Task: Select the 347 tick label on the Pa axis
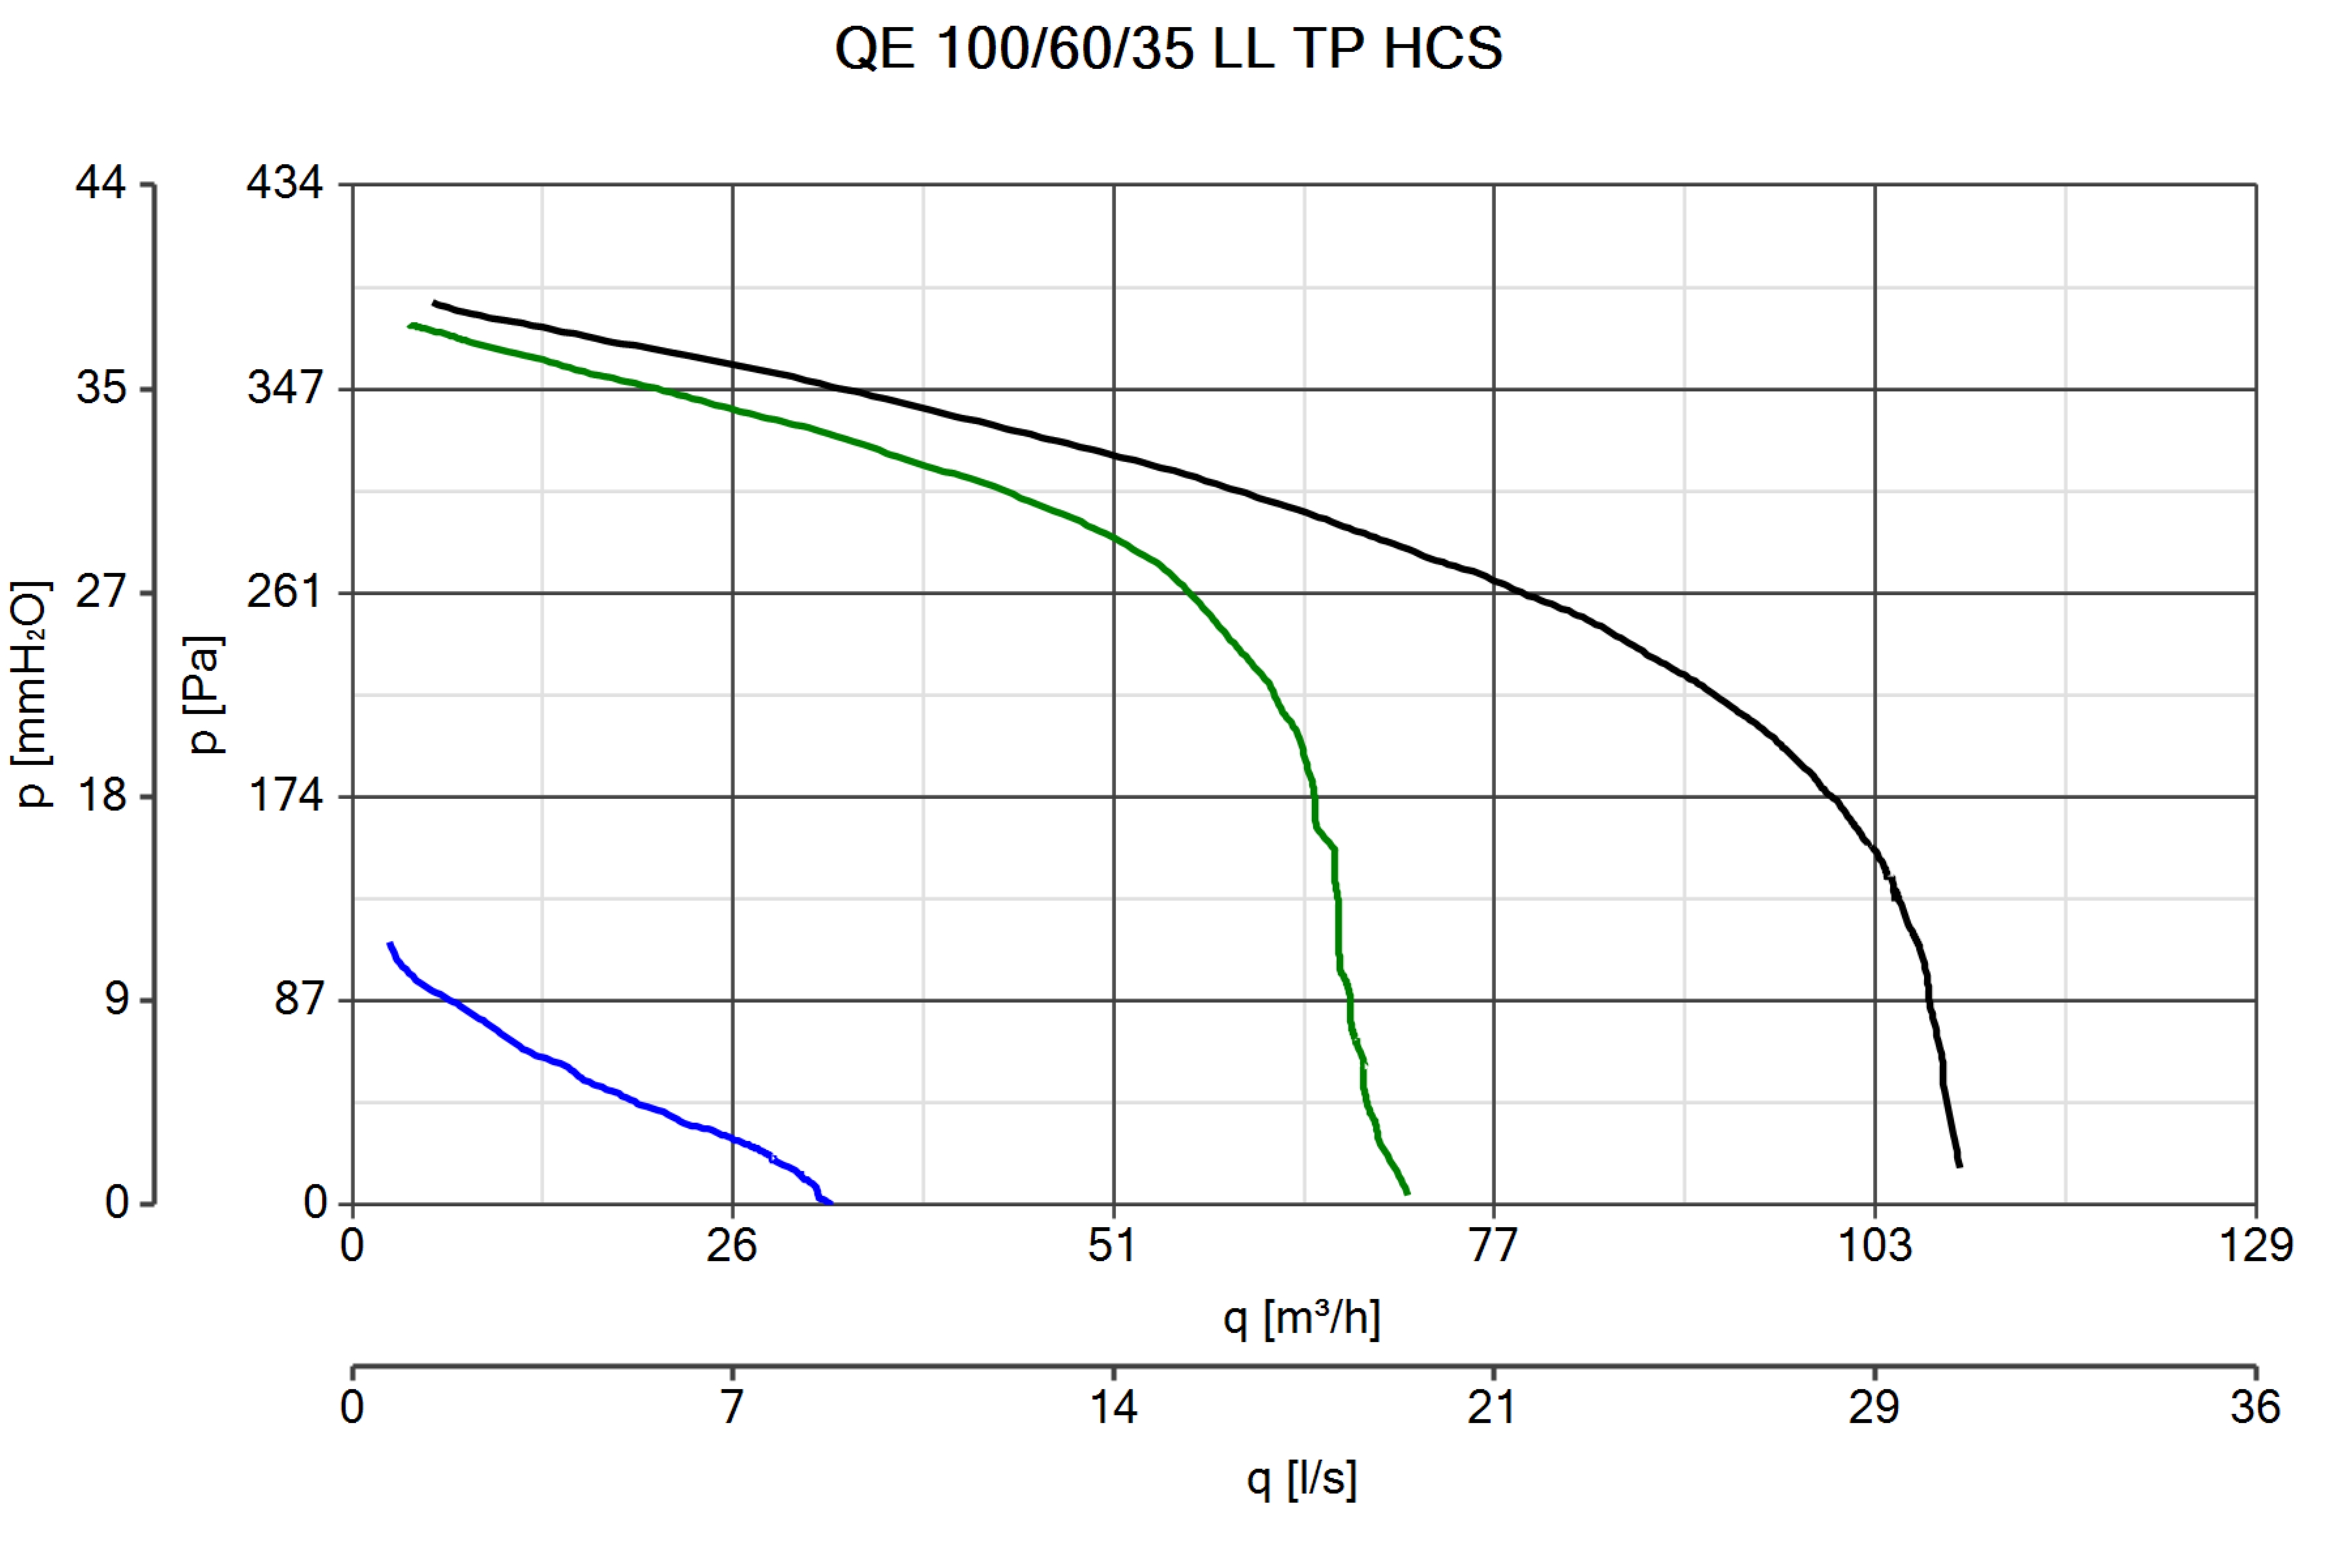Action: (285, 388)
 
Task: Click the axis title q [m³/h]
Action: (1302, 1319)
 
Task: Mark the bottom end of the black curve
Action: (1960, 1165)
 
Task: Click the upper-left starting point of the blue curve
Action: (390, 943)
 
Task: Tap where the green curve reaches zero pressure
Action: (1408, 1194)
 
